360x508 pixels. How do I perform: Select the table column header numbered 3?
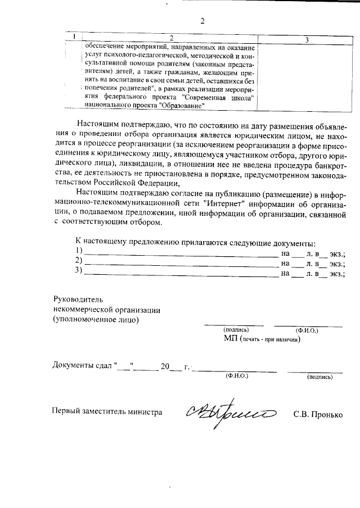click(x=306, y=39)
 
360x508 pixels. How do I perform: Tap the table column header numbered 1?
click(x=73, y=37)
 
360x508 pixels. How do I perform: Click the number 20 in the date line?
click(x=165, y=366)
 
